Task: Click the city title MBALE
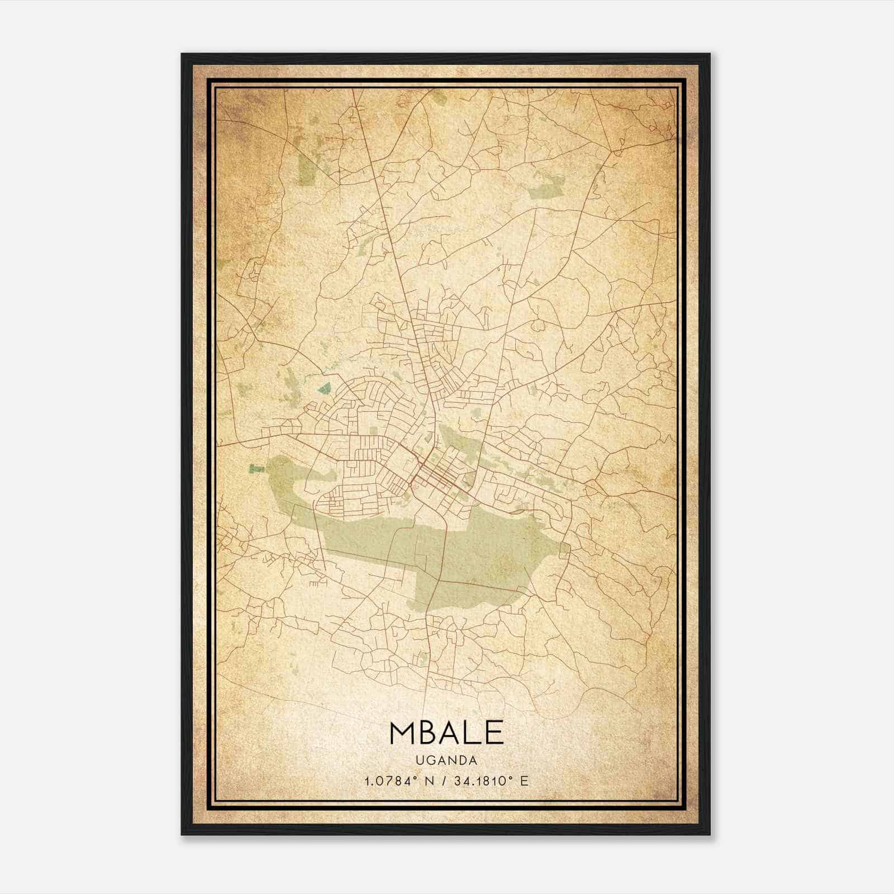[x=446, y=733]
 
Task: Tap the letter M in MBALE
[x=403, y=733]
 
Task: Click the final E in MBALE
[x=494, y=733]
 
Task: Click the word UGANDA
[x=446, y=760]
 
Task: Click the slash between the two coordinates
[x=444, y=781]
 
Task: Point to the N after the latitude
[x=429, y=781]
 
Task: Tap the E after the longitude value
[x=524, y=781]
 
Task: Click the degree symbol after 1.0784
[x=414, y=778]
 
